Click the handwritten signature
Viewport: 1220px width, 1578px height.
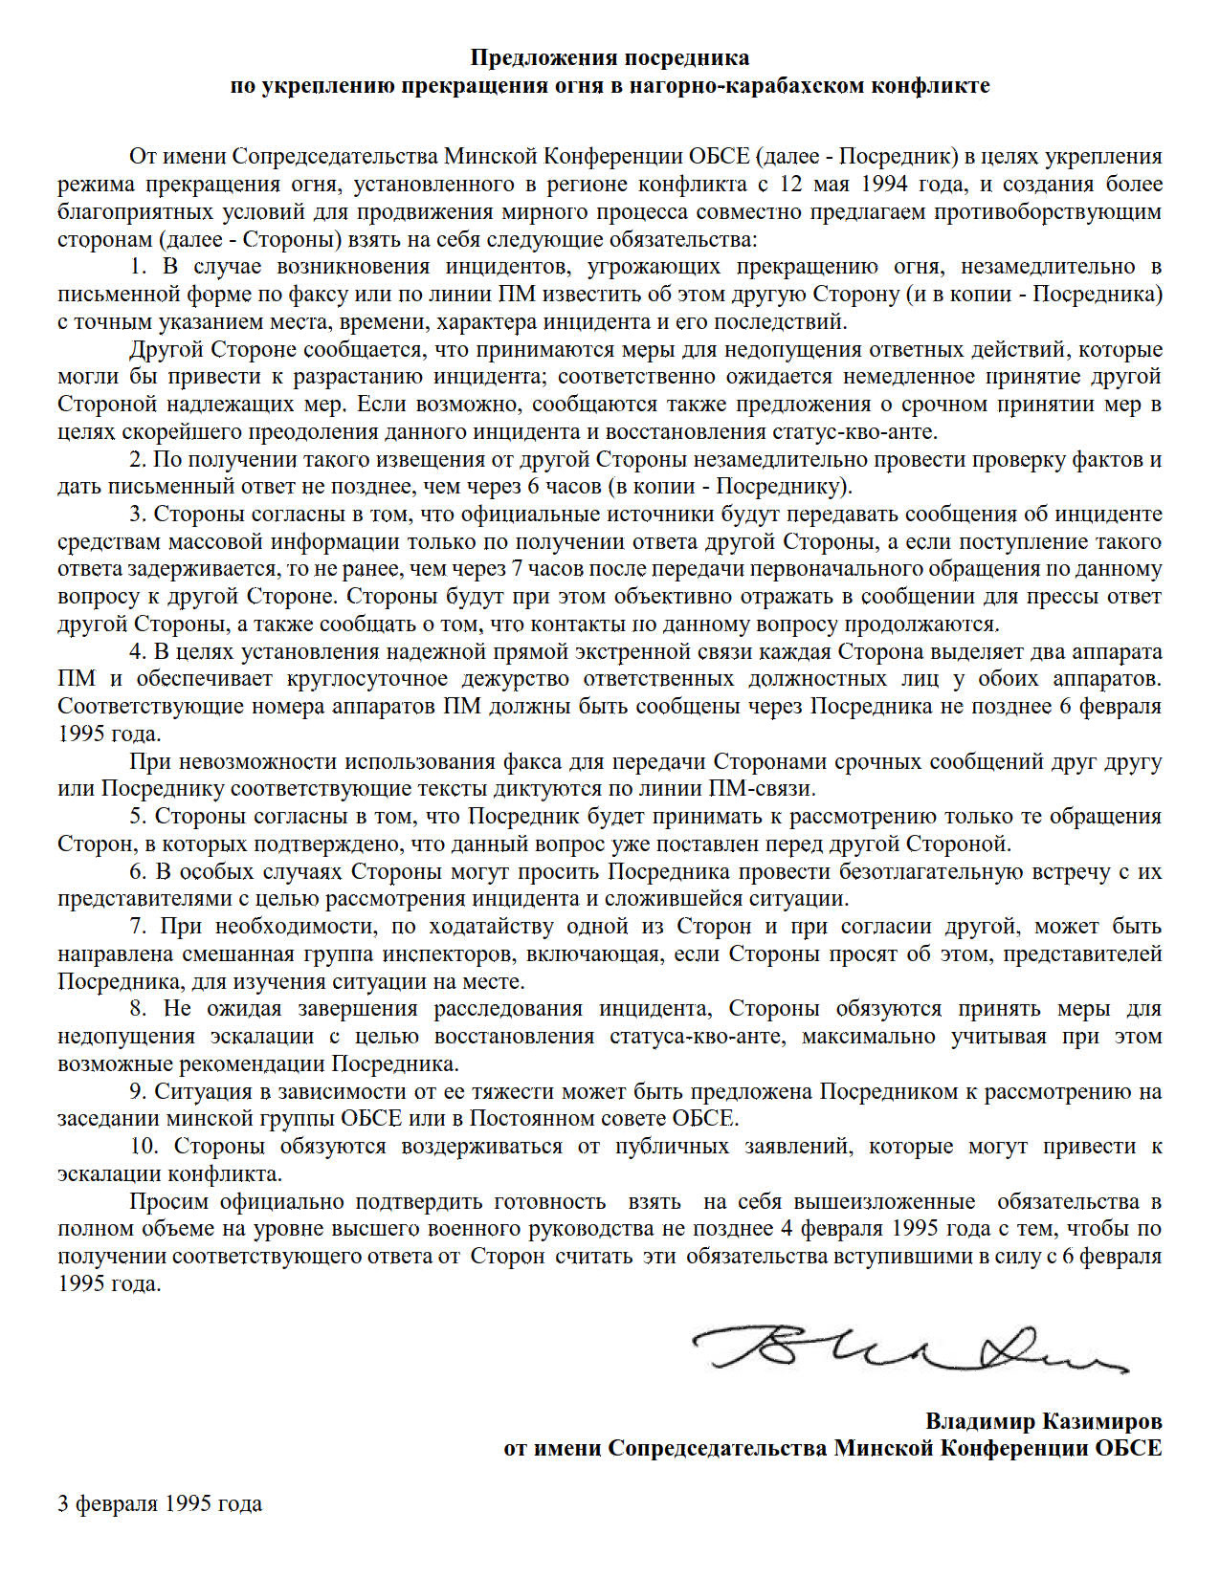point(909,1348)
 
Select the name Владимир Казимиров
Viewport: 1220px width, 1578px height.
point(1043,1420)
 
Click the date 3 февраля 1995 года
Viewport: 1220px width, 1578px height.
point(160,1503)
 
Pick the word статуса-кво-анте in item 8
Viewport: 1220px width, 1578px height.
point(698,1036)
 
